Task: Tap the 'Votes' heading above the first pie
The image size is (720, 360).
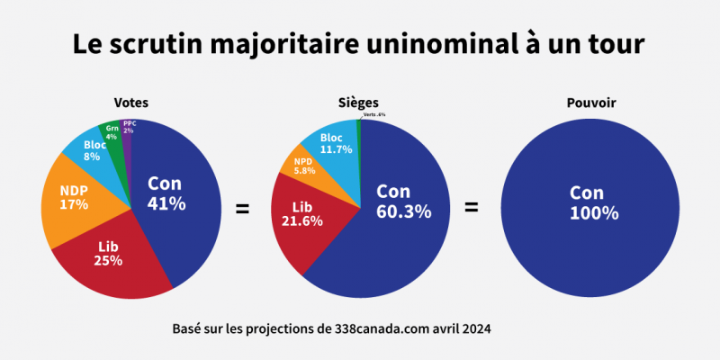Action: pos(131,103)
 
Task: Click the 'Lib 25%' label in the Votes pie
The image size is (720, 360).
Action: pos(108,254)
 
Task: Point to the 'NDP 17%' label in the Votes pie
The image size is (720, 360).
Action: pos(74,197)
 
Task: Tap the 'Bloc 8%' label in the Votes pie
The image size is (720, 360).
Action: pos(94,149)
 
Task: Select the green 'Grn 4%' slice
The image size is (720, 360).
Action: pos(112,132)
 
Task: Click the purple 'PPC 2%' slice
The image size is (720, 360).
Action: pos(129,127)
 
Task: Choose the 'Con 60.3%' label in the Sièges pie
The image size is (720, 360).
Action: pos(403,202)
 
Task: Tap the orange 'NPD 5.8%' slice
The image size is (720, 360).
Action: pos(303,165)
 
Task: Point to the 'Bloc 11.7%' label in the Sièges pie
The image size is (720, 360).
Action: pos(337,143)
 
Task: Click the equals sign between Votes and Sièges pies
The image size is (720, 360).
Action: pos(242,209)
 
